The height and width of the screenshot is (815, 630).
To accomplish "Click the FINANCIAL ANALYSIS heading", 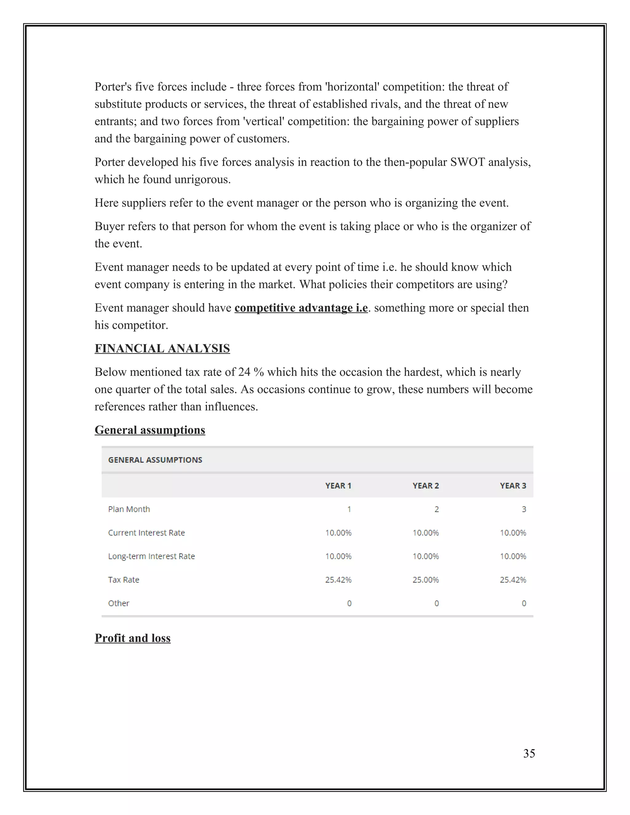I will pyautogui.click(x=162, y=348).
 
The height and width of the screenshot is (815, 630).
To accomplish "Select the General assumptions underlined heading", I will pyautogui.click(x=150, y=430).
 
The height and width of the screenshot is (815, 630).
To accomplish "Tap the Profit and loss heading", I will pyautogui.click(x=133, y=638).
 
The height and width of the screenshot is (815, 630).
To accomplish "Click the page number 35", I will pyautogui.click(x=529, y=753).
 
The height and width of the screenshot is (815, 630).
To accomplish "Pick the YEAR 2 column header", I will pyautogui.click(x=425, y=486).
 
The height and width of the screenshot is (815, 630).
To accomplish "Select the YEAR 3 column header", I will pyautogui.click(x=513, y=486).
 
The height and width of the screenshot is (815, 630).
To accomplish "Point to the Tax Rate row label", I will pyautogui.click(x=124, y=579).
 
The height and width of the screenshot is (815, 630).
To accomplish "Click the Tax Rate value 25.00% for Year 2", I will pyautogui.click(x=425, y=579).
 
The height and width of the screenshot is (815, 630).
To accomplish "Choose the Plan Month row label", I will pyautogui.click(x=129, y=509).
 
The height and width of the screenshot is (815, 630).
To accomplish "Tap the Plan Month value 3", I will pyautogui.click(x=524, y=509).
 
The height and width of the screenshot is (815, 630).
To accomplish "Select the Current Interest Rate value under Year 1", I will pyautogui.click(x=338, y=532).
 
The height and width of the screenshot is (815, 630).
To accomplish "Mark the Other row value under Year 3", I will pyautogui.click(x=524, y=603).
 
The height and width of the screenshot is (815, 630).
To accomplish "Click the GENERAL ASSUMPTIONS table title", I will pyautogui.click(x=155, y=460).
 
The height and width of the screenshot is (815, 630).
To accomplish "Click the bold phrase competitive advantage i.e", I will pyautogui.click(x=301, y=308).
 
